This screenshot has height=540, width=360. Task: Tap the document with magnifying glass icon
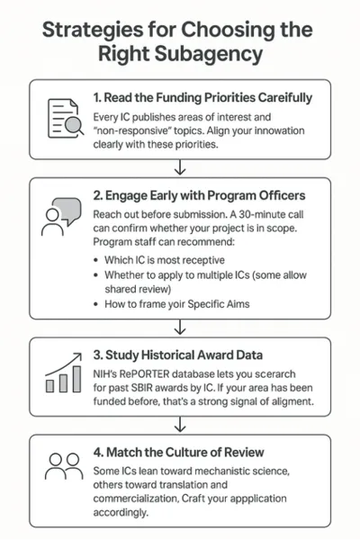[63, 117]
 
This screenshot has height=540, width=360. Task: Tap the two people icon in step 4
[63, 467]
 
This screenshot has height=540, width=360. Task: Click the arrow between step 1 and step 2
[180, 166]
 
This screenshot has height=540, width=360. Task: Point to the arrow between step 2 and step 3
[180, 327]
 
